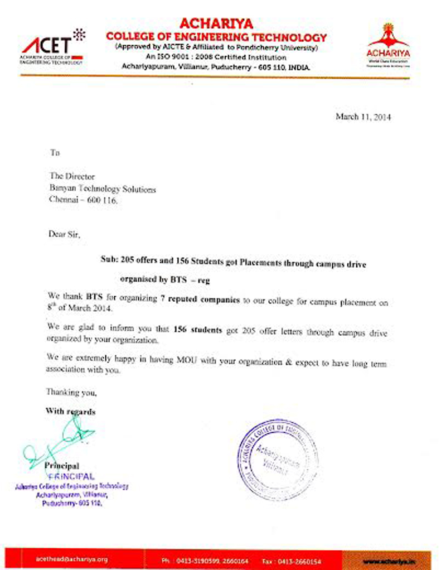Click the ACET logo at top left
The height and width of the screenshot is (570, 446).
tap(54, 47)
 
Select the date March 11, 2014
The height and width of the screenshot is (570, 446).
tap(363, 117)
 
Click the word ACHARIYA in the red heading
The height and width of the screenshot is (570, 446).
tap(216, 23)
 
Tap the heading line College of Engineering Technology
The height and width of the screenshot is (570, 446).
tap(216, 37)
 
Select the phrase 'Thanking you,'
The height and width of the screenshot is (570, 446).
tap(71, 393)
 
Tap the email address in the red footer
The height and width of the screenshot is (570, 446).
tap(71, 558)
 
